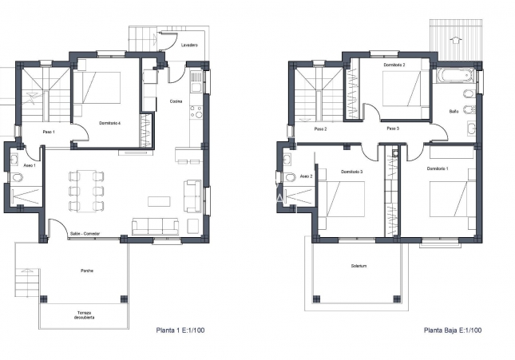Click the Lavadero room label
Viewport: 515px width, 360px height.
[x=189, y=45]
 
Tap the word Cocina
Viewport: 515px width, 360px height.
[x=176, y=101]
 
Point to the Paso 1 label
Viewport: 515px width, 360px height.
[x=48, y=132]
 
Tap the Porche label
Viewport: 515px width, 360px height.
[x=86, y=271]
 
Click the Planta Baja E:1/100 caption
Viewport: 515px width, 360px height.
[x=453, y=330]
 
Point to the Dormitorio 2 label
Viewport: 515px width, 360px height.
[x=394, y=65]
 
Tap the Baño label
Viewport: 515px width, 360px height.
[x=454, y=111]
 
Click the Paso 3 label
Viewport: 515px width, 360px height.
[x=392, y=129]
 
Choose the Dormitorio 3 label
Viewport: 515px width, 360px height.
[x=351, y=172]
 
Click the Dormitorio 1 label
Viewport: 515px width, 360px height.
[x=438, y=168]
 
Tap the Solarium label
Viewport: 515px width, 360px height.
[x=359, y=266]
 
